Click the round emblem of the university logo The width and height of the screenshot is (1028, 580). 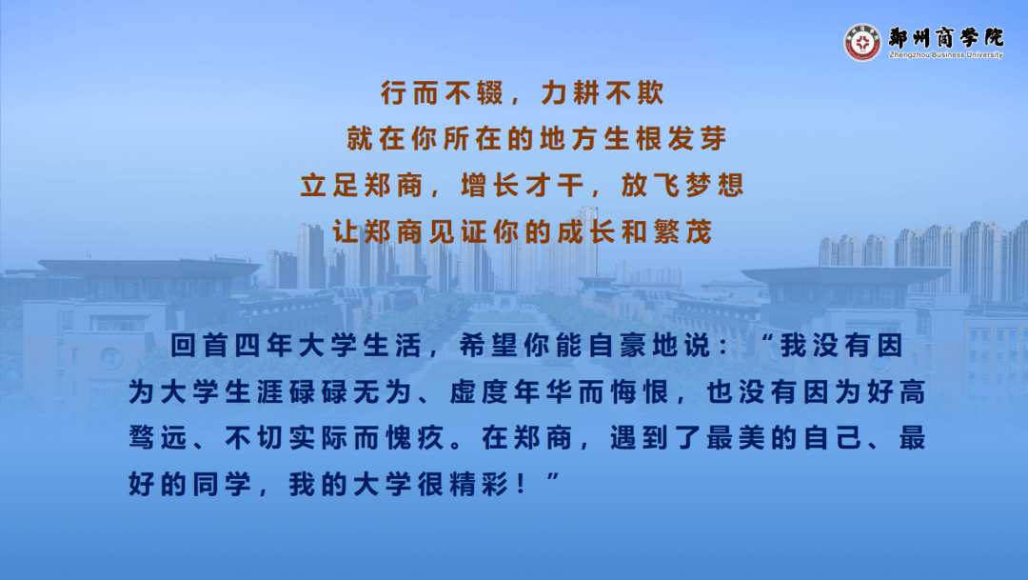(862, 43)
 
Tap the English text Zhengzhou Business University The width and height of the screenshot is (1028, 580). (945, 55)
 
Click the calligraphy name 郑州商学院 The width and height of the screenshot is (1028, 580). (946, 37)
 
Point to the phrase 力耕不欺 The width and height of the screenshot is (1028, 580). (603, 93)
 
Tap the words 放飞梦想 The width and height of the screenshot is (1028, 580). (682, 185)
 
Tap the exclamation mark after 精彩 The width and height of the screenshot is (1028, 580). (522, 484)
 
